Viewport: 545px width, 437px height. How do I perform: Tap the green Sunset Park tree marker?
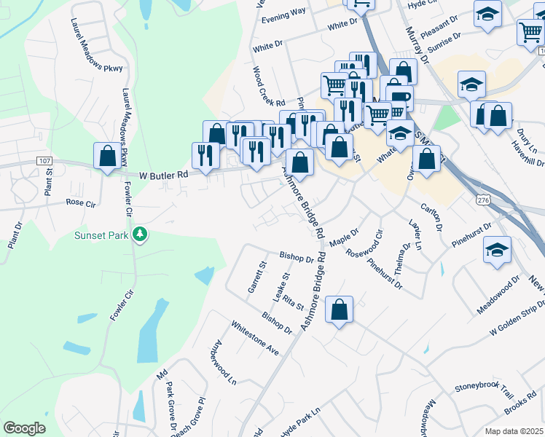point(138,235)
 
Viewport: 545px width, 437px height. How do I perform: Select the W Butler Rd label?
point(164,175)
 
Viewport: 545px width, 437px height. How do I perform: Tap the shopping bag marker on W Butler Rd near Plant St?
point(107,156)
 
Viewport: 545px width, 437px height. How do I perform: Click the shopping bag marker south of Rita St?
point(340,310)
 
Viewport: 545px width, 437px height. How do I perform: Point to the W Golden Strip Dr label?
point(517,320)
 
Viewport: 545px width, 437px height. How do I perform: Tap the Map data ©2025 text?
point(514,431)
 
